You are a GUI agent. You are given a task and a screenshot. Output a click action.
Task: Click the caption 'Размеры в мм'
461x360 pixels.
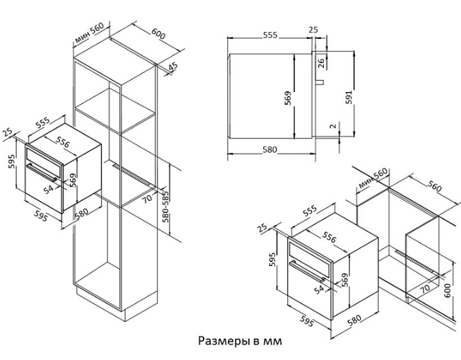(x=240, y=341)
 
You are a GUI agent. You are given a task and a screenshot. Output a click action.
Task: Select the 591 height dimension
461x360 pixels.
(x=348, y=95)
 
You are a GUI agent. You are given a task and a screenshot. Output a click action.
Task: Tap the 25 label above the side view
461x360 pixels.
(x=312, y=30)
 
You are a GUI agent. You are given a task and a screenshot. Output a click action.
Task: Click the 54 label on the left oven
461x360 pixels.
(x=48, y=190)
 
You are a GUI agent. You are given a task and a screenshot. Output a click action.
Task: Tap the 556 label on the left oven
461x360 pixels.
(x=64, y=143)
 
